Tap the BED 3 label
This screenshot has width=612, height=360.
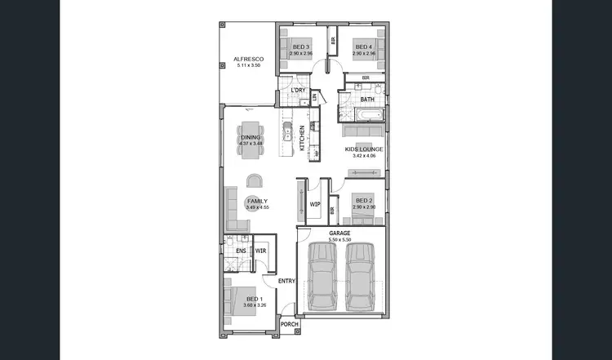(301, 47)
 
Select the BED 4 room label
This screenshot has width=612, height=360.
(363, 47)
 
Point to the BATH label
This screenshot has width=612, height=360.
(367, 100)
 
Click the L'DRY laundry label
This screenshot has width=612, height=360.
(298, 91)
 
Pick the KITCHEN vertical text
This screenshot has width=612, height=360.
(302, 139)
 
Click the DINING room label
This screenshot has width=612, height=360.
(251, 137)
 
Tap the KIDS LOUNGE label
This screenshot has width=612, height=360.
(363, 149)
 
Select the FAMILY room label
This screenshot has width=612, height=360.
(257, 201)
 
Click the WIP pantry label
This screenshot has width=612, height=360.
(314, 204)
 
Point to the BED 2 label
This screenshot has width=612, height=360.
(363, 201)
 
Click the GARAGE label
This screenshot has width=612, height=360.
(339, 233)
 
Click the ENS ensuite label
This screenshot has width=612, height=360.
(242, 251)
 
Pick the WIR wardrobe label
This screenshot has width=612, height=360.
(261, 251)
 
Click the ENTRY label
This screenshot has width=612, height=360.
(286, 282)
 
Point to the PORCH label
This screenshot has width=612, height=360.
(290, 324)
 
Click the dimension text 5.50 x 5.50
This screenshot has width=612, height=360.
(339, 239)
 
